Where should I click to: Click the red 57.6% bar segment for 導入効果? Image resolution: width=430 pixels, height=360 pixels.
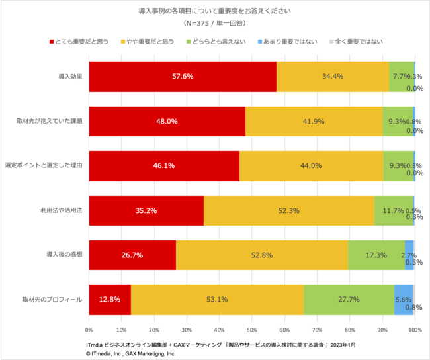tap(183, 77)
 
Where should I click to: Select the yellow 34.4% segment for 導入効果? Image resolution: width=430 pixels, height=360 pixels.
tap(333, 77)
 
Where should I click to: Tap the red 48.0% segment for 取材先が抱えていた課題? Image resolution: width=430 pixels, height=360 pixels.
tap(167, 121)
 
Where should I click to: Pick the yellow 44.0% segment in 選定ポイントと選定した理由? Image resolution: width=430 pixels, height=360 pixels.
tap(311, 165)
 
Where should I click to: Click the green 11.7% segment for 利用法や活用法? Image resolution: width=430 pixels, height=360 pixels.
tap(393, 210)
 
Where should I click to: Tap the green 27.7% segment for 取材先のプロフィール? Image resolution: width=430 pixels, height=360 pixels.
tap(349, 299)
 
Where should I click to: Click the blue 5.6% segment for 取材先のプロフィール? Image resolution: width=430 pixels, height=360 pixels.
tap(403, 299)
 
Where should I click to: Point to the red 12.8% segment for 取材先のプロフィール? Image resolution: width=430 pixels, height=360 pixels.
tap(110, 299)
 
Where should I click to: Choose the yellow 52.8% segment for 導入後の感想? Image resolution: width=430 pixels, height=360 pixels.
tap(262, 255)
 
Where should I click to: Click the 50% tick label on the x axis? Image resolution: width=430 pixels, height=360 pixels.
tap(252, 329)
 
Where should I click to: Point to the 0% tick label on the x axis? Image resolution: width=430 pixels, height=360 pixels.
tap(89, 329)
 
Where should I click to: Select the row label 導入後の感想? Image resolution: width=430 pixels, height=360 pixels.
tap(64, 255)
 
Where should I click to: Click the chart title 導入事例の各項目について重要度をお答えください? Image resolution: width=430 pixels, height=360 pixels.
tap(214, 11)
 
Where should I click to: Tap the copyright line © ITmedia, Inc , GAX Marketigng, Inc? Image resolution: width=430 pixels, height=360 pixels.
tap(130, 354)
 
